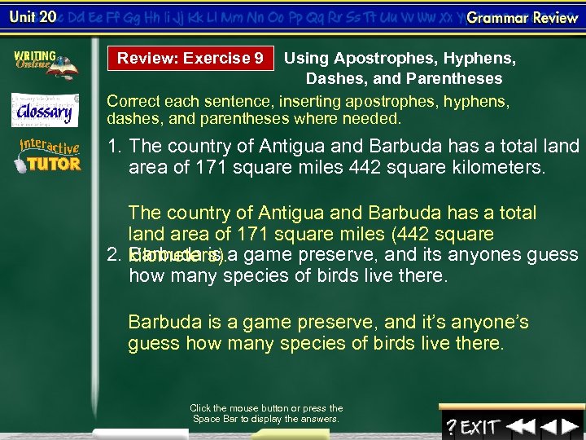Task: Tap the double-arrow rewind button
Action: click(521, 425)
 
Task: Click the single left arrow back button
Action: click(549, 425)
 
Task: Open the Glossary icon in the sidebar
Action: click(45, 110)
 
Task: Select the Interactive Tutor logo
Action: click(49, 155)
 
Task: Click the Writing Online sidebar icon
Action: click(45, 64)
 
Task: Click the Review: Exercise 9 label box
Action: click(190, 58)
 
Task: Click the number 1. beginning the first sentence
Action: click(116, 147)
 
